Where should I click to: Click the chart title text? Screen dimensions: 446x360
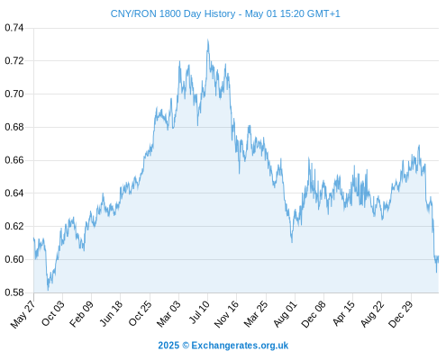(225, 13)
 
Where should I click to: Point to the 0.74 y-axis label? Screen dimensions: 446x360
(14, 28)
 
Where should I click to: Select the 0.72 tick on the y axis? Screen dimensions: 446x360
(14, 61)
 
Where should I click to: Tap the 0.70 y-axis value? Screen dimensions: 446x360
(14, 94)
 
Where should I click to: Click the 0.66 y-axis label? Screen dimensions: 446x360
(14, 160)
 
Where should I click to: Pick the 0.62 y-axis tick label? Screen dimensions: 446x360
(14, 226)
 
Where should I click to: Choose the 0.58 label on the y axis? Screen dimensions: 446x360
(14, 292)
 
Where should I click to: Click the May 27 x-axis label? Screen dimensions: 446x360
(23, 314)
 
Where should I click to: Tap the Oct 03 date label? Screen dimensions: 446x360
(53, 313)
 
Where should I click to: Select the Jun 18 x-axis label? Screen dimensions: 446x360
(111, 313)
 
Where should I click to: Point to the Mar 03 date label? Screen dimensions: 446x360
(168, 313)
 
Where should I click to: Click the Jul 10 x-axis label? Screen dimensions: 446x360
(199, 312)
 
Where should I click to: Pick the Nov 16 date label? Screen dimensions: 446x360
(226, 314)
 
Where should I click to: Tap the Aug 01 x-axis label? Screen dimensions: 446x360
(285, 313)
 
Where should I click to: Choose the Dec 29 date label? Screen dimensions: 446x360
(401, 314)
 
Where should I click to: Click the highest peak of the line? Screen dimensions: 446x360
(207, 40)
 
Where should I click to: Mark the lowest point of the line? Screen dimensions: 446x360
(48, 290)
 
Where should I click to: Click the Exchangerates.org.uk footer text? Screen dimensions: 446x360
(240, 346)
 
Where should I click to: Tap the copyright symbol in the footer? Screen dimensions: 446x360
(186, 346)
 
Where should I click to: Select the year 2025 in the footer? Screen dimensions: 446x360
(168, 346)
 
